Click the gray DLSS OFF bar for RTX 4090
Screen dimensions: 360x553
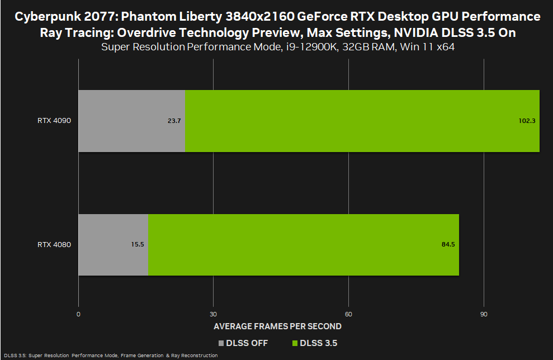coord(131,121)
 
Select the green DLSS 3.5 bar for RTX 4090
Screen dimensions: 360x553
coord(362,121)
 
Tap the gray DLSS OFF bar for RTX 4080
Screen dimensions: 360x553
coord(113,245)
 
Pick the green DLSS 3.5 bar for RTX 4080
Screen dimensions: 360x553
coord(304,245)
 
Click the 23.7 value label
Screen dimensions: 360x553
coord(174,121)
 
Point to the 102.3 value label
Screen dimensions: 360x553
coord(527,121)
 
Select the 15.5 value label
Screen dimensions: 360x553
coord(138,245)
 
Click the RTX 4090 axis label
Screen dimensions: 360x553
coord(54,121)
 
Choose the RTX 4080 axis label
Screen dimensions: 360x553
coord(54,245)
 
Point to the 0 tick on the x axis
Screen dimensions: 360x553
coord(78,314)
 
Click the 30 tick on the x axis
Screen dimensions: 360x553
coord(214,314)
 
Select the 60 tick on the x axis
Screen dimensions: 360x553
coord(348,314)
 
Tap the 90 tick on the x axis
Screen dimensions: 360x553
coord(484,314)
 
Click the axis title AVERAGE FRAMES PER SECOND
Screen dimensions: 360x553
coord(277,326)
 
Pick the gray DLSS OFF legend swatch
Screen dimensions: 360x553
coord(221,343)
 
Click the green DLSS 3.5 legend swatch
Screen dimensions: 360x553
coord(295,343)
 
